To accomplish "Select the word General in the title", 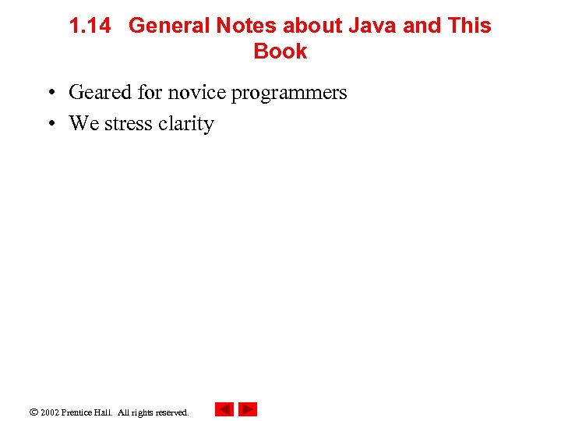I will pyautogui.click(x=169, y=26).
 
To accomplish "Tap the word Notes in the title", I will pyautogui.click(x=246, y=26).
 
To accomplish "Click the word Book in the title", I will pyautogui.click(x=280, y=51).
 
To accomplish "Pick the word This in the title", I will pyautogui.click(x=470, y=26).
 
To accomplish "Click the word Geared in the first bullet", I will pyautogui.click(x=100, y=93).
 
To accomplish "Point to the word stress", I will pyautogui.click(x=128, y=124).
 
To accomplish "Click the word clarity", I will pyautogui.click(x=185, y=125).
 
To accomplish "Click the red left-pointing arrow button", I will pyautogui.click(x=224, y=409).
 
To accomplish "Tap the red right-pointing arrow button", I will pyautogui.click(x=248, y=409).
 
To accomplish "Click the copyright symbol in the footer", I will pyautogui.click(x=32, y=411).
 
